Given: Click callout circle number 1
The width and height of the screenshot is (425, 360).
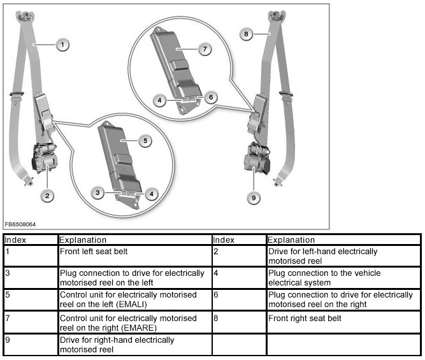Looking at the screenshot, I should [x=62, y=45].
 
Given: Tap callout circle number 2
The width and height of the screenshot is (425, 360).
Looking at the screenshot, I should [x=47, y=195].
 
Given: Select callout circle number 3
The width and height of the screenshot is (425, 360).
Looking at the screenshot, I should [x=97, y=192].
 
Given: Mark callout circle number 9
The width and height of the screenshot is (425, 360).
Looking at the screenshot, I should [x=254, y=199].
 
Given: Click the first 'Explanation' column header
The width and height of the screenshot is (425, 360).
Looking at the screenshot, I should [x=83, y=240].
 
